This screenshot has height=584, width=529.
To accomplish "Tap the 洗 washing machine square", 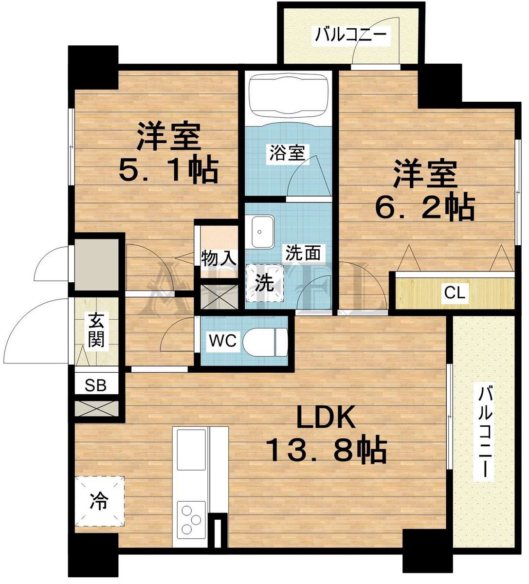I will point(264,283).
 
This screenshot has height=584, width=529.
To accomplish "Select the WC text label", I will point(222,341).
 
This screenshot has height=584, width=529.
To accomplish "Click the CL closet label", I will point(455,293).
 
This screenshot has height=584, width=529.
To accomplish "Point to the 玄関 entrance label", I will point(96,330).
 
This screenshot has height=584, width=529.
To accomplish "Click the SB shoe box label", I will point(96,386).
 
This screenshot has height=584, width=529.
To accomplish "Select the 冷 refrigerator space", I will point(100,501).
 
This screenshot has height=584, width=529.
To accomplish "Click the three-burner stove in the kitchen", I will point(190,519).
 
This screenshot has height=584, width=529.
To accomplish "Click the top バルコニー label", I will point(351,35).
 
